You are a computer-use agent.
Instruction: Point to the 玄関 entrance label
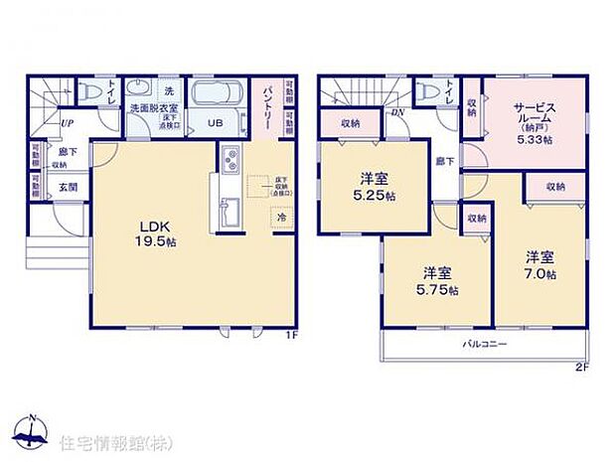66,186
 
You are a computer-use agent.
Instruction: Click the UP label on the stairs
66,123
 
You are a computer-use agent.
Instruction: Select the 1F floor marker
291,336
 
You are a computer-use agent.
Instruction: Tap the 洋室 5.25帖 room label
375,187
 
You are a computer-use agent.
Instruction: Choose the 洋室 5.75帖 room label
438,281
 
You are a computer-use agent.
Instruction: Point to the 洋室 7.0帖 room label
541,265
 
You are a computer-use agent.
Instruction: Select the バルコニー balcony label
484,344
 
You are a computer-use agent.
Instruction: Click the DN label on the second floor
397,112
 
